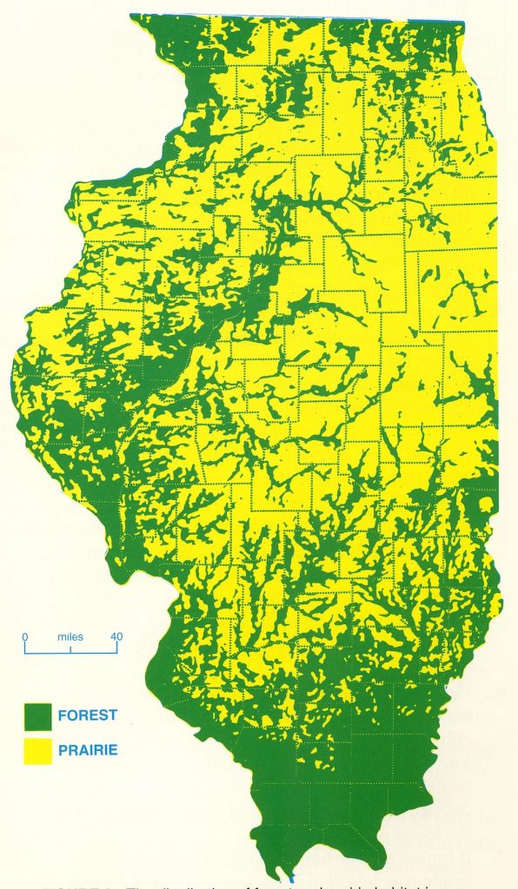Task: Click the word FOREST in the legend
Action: tap(87, 715)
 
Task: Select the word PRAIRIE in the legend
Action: tap(88, 749)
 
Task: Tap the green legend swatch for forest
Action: tap(38, 716)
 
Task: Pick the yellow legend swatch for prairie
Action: tap(38, 749)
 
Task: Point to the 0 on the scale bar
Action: tap(25, 636)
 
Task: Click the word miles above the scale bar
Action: tap(70, 636)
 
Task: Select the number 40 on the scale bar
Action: tap(116, 636)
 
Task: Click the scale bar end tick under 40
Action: tap(117, 649)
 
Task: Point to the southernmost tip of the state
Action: tap(282, 876)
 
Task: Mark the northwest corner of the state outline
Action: tap(131, 15)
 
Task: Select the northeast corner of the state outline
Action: tap(463, 21)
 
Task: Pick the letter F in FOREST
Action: tap(63, 715)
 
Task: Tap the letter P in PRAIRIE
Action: tap(63, 749)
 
